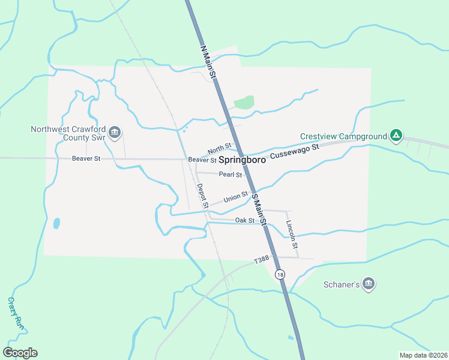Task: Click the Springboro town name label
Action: pyautogui.click(x=242, y=160)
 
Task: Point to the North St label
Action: pyautogui.click(x=219, y=148)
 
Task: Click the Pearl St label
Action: pyautogui.click(x=230, y=175)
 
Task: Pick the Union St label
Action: pyautogui.click(x=235, y=197)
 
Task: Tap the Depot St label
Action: pyautogui.click(x=202, y=196)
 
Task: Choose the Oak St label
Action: pyautogui.click(x=245, y=221)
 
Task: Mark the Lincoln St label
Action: pyautogui.click(x=292, y=235)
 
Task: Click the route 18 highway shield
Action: pyautogui.click(x=280, y=275)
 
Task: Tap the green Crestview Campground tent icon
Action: pyautogui.click(x=396, y=136)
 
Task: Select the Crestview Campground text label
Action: pyautogui.click(x=343, y=136)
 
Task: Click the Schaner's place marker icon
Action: pyautogui.click(x=369, y=283)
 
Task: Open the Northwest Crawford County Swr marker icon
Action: pyautogui.click(x=116, y=132)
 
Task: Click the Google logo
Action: pyautogui.click(x=20, y=353)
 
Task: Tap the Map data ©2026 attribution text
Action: pyautogui.click(x=423, y=355)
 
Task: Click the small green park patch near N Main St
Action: pyautogui.click(x=243, y=103)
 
